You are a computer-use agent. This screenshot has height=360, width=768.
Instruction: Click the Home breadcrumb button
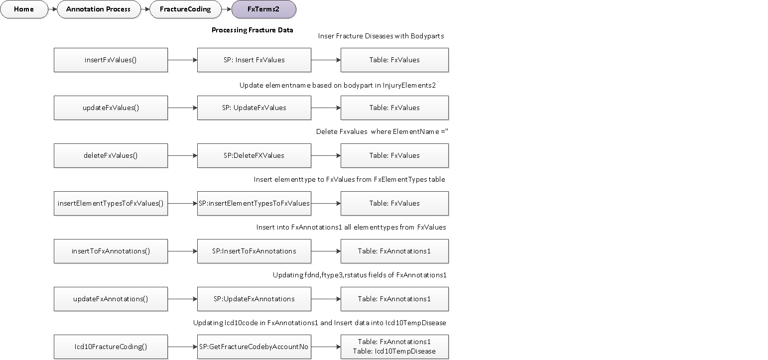24,9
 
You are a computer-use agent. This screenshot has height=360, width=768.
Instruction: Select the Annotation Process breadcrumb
99,9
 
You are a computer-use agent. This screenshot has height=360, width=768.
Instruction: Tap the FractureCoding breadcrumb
185,9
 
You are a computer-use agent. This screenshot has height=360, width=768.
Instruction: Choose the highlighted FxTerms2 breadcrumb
263,9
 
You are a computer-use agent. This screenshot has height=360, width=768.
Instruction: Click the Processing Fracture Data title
252,30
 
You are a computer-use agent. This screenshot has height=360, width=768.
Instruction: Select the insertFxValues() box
111,60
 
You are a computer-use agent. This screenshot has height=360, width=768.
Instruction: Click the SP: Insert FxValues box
254,60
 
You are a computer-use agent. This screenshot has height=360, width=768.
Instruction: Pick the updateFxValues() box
111,108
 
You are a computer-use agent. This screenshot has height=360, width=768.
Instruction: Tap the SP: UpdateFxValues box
254,108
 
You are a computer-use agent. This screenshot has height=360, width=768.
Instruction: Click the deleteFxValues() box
111,155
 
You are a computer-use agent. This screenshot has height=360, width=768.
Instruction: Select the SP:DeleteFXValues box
254,155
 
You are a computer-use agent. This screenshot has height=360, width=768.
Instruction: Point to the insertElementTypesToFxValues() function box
111,203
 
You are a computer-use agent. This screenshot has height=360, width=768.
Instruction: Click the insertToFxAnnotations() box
111,251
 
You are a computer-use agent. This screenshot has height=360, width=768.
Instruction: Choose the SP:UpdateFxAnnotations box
254,299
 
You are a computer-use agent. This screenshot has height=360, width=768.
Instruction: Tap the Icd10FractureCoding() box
111,347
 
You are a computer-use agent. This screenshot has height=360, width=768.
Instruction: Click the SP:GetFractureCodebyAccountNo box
254,347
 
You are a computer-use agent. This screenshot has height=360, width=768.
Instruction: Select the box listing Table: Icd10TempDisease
394,347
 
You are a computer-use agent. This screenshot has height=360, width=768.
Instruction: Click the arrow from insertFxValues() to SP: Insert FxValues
182,60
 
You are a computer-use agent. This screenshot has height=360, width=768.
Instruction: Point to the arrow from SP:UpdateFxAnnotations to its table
326,299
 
